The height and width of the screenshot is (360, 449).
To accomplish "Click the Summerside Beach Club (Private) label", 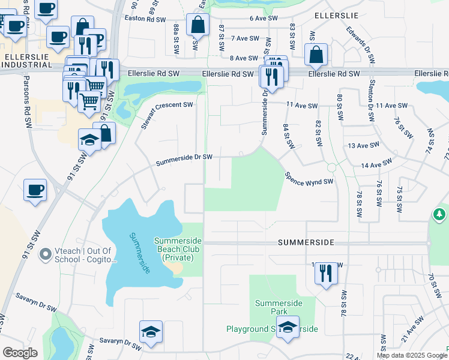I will pos(178,249).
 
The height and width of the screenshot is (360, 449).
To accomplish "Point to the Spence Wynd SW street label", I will pos(309,178).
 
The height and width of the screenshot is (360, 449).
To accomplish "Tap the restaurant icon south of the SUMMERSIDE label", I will pos(327,274).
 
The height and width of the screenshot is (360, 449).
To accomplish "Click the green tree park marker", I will pos(440,214).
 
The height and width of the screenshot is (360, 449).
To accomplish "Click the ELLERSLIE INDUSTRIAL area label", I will pos(26,60).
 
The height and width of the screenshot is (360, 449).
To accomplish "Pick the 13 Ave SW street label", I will pos(363,145).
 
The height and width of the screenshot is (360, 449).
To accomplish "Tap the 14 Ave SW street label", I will pos(376,163).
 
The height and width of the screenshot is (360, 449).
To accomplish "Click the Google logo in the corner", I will pos(20,353).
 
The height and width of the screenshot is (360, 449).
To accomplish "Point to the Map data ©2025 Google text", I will pos(412,355).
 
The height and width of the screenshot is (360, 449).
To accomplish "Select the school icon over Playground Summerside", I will pos(289,328).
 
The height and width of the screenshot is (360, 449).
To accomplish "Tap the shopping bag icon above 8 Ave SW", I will pos(316,55).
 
